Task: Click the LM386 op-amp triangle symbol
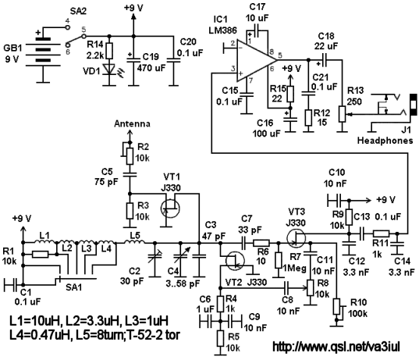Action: coord(255,60)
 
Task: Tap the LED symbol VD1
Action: coord(109,70)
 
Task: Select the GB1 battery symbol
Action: coord(43,50)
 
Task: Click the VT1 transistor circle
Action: coord(170,209)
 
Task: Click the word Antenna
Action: coord(132,124)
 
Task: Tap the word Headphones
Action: coord(385,141)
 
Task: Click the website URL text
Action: coord(336,347)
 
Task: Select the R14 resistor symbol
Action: coord(109,51)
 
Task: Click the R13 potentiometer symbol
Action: coord(343,114)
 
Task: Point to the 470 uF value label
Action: coord(151,68)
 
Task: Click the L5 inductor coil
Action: coord(135,242)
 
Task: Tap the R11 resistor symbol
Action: coord(381,233)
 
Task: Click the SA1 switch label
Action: coord(74,287)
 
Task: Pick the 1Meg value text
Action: coord(294,268)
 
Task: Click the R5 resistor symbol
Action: coord(220,338)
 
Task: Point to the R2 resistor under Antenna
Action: coord(130,155)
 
